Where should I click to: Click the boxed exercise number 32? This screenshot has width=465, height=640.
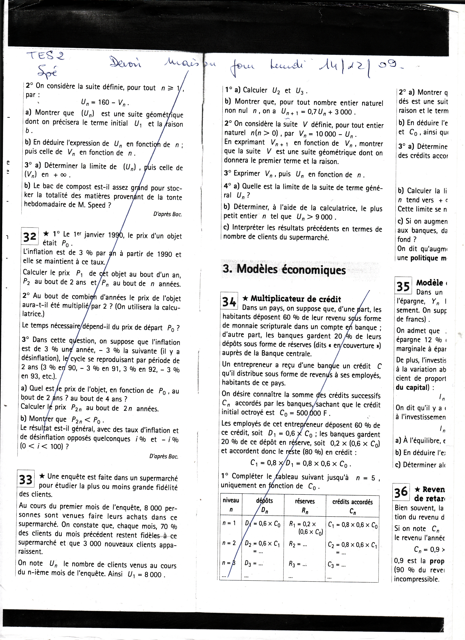pos(30,237)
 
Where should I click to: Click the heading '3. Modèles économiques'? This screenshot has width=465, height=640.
pos(284,269)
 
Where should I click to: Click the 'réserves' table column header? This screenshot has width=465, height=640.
pos(305,505)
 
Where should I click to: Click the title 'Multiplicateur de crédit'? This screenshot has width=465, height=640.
pos(296,299)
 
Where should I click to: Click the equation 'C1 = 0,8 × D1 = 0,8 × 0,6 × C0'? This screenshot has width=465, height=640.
pos(301,464)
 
